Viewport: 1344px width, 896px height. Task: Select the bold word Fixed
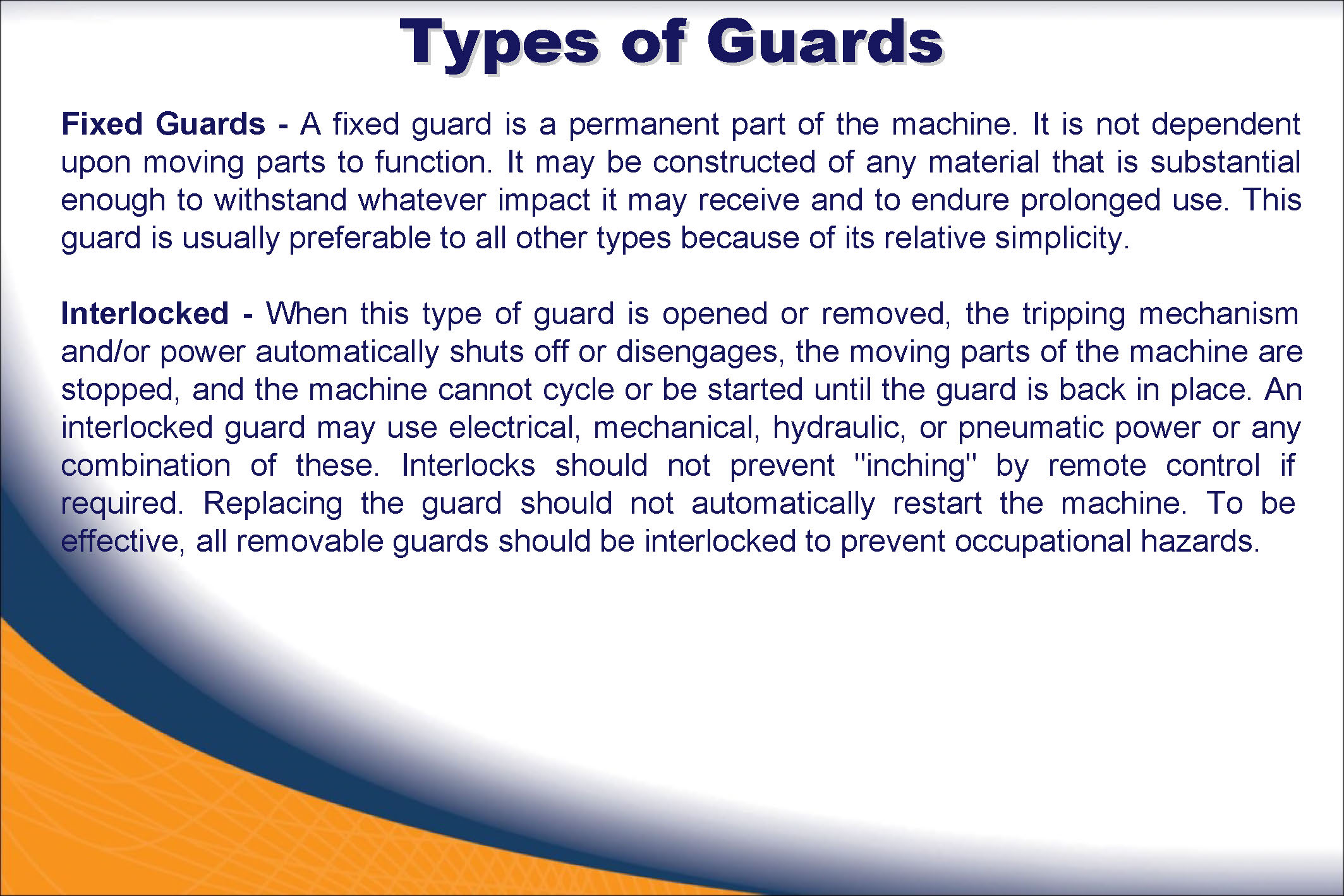[102, 124]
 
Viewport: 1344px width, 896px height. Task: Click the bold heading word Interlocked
[145, 313]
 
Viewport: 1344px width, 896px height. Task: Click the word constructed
[734, 162]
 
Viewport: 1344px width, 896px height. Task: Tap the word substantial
[1225, 162]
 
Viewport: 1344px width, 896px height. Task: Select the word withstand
[281, 200]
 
